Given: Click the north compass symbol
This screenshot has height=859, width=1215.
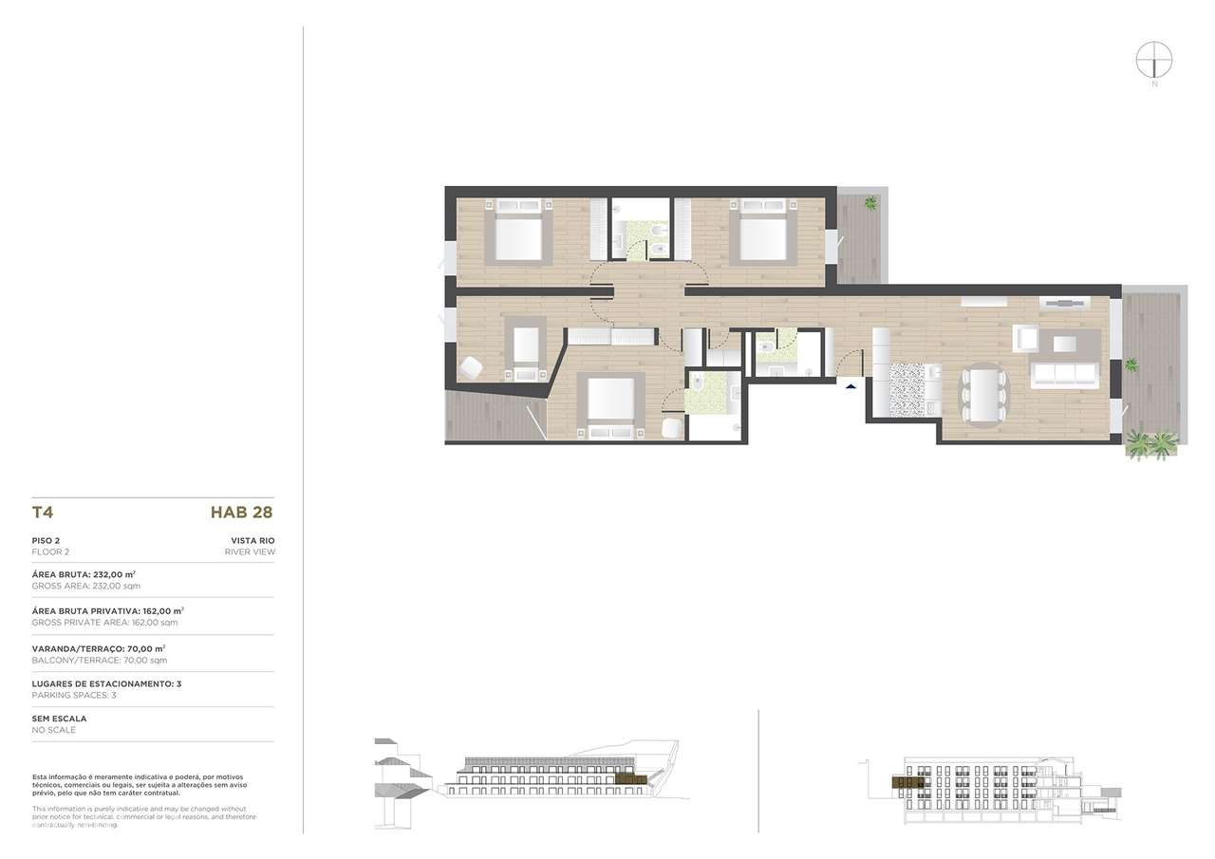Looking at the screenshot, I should click(x=1154, y=60).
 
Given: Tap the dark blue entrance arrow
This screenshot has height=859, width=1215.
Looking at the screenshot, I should click(x=850, y=384).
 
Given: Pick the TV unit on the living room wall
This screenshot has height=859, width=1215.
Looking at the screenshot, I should click(x=1062, y=304).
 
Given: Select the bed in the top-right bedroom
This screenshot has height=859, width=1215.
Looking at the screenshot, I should click(x=761, y=232).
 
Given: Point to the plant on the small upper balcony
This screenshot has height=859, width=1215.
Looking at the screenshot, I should click(x=870, y=202).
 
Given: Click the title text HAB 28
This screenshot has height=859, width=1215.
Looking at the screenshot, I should click(x=241, y=514).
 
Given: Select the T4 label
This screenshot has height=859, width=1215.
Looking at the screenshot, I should click(x=42, y=514).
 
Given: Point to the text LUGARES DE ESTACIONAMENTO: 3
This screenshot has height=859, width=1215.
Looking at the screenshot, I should click(x=106, y=683).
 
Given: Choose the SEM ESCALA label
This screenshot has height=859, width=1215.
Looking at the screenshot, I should click(x=59, y=719).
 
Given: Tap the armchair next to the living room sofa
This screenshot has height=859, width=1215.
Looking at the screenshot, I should click(x=1025, y=336).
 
